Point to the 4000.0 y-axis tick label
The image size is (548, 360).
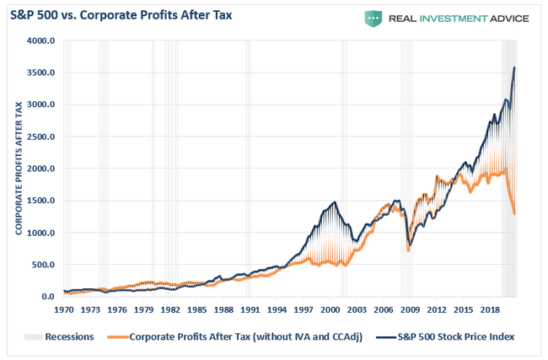point(41,40)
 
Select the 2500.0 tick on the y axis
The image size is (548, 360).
point(41,137)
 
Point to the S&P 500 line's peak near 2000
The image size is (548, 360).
point(335,201)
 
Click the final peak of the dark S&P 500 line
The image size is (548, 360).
point(514,67)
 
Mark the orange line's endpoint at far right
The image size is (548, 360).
point(514,214)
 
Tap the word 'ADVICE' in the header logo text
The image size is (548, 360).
point(505,18)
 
